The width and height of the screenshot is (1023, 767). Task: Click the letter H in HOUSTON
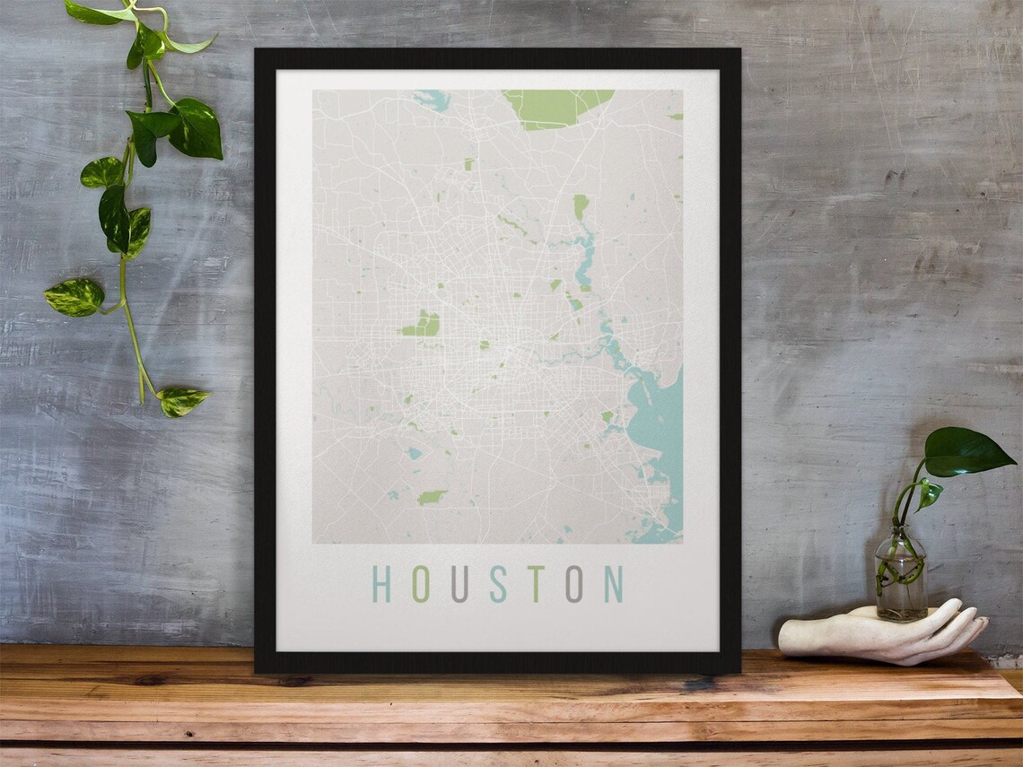point(381,583)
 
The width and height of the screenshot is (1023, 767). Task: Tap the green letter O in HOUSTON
point(420,583)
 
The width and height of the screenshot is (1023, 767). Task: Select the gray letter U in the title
point(459,583)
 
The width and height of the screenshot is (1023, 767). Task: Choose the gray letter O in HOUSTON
point(573,583)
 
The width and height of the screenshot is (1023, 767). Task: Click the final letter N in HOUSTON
point(614,583)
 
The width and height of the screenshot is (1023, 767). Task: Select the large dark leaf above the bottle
point(966,452)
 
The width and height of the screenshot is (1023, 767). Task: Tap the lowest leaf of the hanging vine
point(184,401)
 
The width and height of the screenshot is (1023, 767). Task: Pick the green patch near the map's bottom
point(432,496)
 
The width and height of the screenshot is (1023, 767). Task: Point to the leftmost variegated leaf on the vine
point(75,297)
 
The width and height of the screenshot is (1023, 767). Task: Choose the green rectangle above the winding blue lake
point(581,207)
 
